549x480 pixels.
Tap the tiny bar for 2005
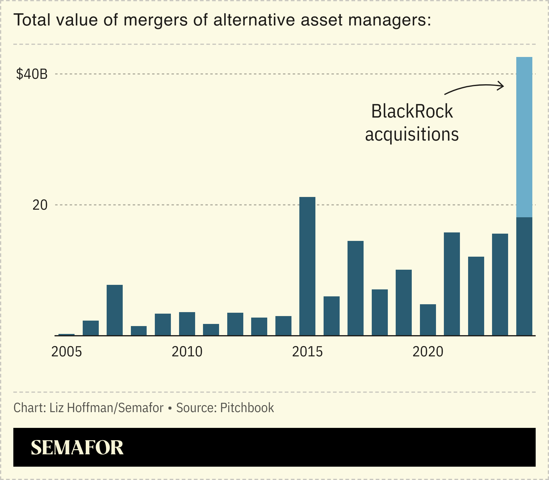tap(66, 335)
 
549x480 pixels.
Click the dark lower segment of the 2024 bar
tap(524, 276)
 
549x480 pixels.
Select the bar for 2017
tap(355, 288)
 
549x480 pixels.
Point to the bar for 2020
tap(428, 319)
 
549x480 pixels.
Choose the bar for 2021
tap(452, 284)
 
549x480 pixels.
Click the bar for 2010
tap(187, 323)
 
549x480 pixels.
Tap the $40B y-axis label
tap(32, 74)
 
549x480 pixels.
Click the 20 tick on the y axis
tap(40, 205)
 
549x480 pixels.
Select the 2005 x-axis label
tap(67, 352)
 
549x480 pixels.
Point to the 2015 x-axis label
tap(307, 352)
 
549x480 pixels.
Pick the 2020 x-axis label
tap(428, 352)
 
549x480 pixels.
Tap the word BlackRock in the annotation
tap(412, 111)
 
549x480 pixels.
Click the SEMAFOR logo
tap(77, 448)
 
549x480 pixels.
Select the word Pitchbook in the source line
tap(247, 408)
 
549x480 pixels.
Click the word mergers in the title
tap(155, 20)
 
